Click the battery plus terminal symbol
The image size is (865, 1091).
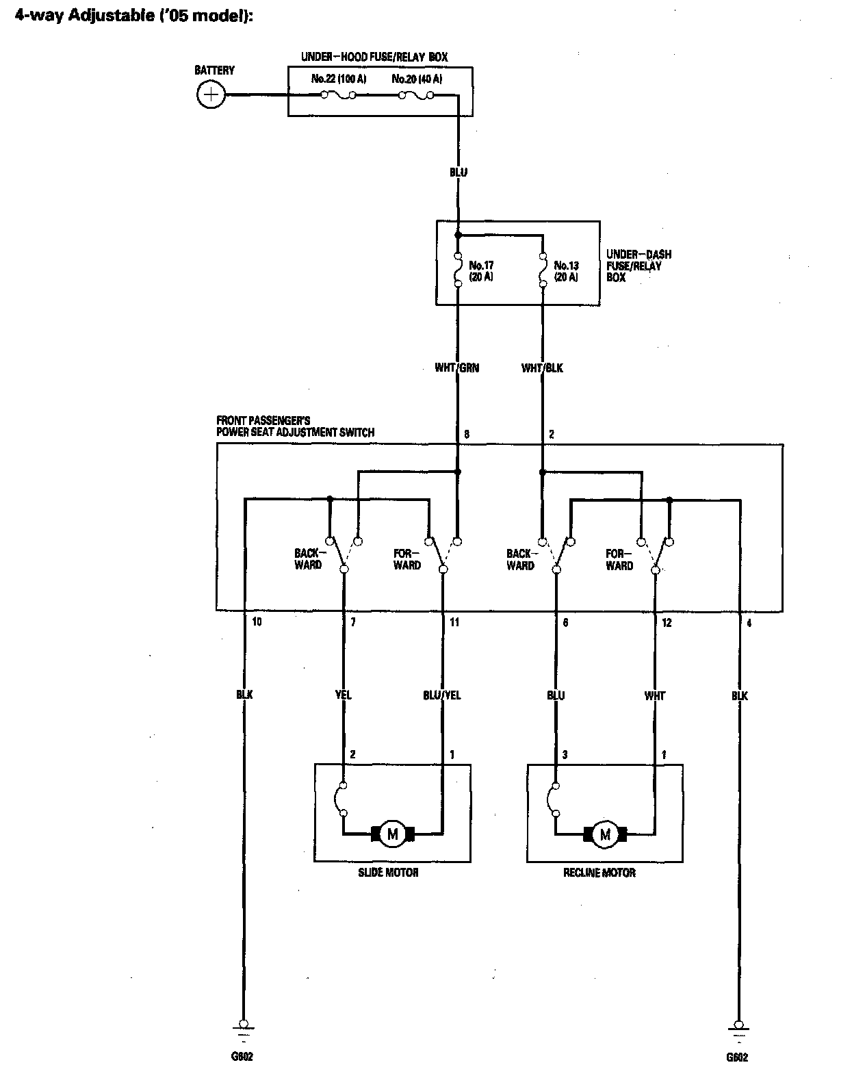point(211,94)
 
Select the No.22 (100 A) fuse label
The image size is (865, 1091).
point(339,79)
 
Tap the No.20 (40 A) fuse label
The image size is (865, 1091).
point(417,79)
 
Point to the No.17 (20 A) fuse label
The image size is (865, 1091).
point(482,271)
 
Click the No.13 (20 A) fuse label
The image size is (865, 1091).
point(566,271)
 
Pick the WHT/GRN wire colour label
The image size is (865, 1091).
point(457,368)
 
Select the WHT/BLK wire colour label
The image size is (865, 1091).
point(542,368)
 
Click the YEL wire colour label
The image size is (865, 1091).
point(344,695)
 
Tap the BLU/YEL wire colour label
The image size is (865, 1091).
point(442,695)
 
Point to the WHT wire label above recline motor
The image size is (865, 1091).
point(655,695)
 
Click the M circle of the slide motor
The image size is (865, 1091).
point(393,834)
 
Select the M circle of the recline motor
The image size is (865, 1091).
point(605,834)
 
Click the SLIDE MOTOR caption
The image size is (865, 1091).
point(388,873)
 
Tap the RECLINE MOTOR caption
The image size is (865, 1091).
point(599,873)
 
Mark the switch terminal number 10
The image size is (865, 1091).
point(257,622)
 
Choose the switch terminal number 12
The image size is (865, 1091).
point(667,623)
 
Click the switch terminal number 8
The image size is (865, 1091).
point(467,434)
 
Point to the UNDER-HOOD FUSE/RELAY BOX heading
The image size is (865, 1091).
point(374,57)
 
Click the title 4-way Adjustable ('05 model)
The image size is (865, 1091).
point(135,16)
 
